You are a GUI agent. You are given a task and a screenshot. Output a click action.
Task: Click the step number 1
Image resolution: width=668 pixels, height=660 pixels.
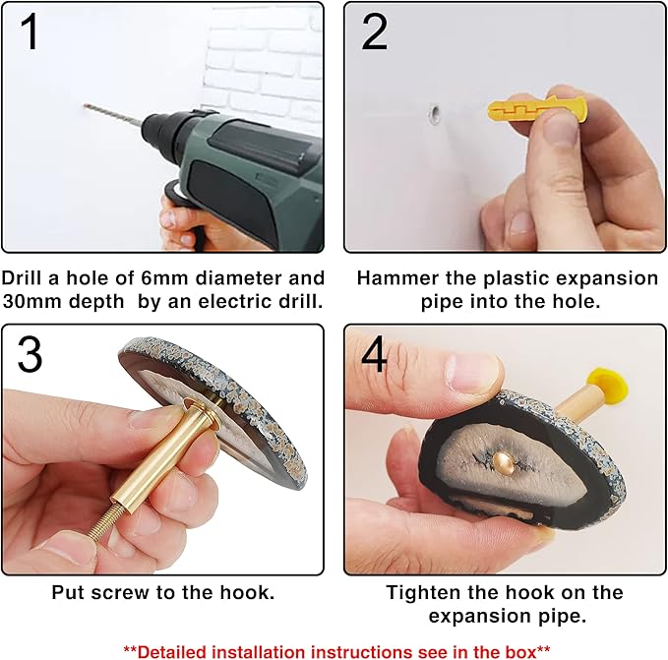coord(29,31)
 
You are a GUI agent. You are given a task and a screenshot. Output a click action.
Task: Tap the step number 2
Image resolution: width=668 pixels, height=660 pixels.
coord(375,31)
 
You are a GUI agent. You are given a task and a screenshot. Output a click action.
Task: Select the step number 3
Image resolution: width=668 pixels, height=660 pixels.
coord(30,354)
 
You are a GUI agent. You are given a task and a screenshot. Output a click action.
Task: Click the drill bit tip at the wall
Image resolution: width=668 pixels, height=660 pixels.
coord(86,105)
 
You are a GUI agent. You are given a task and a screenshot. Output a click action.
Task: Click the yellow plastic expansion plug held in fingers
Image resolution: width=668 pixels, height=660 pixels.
coord(537,111)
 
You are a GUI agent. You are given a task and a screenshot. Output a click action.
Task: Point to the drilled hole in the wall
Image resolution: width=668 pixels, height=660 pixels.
coord(435,114)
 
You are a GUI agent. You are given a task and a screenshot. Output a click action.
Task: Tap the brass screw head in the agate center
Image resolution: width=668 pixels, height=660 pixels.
coord(503,461)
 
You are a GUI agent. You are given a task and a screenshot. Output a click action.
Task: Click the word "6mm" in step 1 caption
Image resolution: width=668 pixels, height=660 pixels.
coord(164,278)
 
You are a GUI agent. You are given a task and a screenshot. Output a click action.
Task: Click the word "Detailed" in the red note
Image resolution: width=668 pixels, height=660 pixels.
coord(172,652)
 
